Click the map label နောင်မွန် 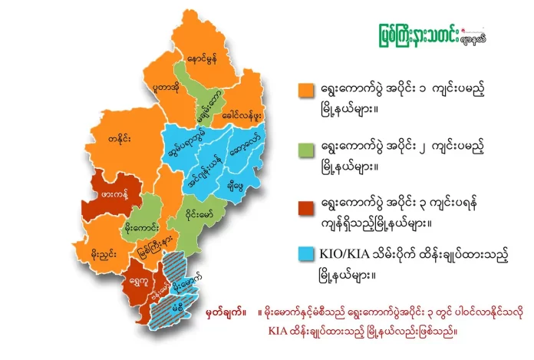coord(202,58)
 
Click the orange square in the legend coord(306,91)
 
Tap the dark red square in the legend coord(306,203)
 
